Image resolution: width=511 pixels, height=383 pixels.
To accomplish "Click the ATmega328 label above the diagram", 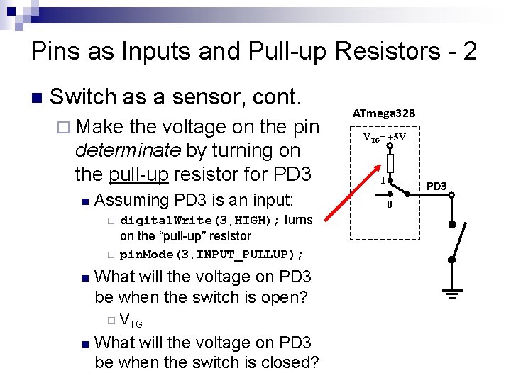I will coord(384,113).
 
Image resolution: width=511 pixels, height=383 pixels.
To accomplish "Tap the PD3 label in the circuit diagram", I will coord(436,186).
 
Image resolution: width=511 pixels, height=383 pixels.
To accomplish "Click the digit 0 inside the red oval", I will coord(389,205).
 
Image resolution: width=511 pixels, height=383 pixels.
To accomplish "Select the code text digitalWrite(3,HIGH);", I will coord(200,221).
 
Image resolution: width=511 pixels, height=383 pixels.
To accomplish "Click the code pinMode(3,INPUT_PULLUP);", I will coord(211,254).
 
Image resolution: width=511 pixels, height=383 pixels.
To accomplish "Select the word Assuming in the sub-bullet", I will coord(132,200).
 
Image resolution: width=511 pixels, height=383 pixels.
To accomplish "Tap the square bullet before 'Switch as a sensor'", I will coord(37,97).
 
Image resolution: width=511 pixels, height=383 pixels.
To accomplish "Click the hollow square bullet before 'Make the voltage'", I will coord(63,128).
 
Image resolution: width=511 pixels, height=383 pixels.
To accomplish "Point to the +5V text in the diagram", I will coord(395,137).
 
